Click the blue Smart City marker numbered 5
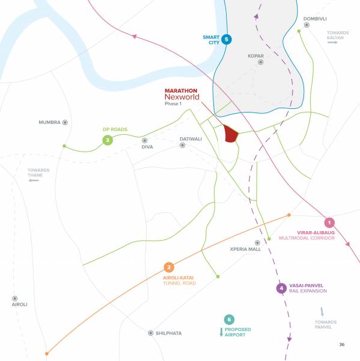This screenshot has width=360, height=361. (226, 40)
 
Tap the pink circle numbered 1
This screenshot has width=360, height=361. (329, 222)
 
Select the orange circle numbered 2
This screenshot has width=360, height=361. (169, 267)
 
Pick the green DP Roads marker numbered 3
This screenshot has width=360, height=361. (107, 141)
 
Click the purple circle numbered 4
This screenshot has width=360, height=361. (281, 288)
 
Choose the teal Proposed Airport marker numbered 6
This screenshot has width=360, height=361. (228, 319)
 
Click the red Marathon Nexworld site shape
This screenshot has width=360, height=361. (230, 134)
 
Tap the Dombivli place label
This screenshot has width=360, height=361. (315, 19)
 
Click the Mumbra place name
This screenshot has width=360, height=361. (50, 122)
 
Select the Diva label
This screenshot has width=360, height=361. (148, 147)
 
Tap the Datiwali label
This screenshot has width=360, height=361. (191, 139)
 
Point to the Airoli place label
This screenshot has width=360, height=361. (19, 304)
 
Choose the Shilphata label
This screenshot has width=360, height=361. (168, 333)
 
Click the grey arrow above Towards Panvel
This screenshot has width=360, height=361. (322, 312)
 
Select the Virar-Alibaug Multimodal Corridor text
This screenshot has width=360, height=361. (324, 235)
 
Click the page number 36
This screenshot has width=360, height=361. (341, 345)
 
